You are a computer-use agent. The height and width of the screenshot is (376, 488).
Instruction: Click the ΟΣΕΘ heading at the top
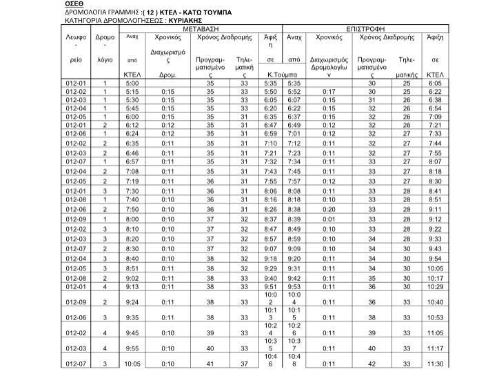click(55, 4)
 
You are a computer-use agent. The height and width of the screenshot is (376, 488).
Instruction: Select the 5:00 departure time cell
click(132, 83)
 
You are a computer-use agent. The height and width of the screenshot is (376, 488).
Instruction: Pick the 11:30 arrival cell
click(435, 364)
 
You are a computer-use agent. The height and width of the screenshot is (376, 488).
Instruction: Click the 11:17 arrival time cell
click(435, 348)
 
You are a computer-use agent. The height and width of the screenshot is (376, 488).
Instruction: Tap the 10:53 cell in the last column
click(435, 318)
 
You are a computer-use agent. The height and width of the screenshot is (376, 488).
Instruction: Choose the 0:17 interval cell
click(328, 91)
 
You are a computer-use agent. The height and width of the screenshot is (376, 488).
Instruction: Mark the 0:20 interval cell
click(328, 209)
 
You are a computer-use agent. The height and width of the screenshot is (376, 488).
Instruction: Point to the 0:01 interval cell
click(328, 219)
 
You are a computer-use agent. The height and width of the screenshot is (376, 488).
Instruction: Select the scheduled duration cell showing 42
click(372, 364)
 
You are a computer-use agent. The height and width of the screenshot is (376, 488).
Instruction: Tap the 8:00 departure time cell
click(132, 219)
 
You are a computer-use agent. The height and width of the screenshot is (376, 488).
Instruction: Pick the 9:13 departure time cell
click(132, 286)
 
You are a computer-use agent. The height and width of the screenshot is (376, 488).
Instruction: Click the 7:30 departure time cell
click(132, 190)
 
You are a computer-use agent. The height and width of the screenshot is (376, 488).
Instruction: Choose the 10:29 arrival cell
click(435, 286)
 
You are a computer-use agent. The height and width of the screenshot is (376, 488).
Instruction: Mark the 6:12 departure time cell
click(132, 125)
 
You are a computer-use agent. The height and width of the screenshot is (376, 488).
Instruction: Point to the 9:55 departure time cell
click(132, 348)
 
